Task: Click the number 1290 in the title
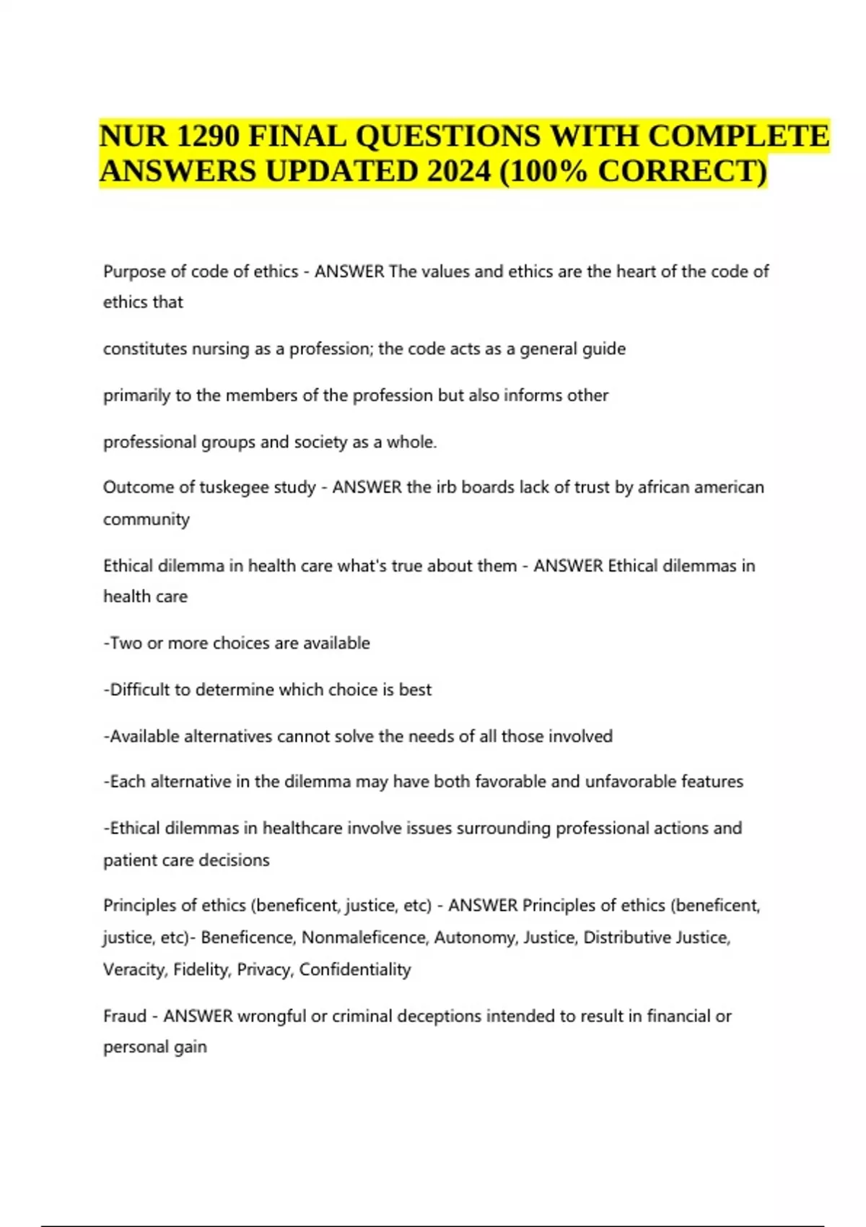[x=209, y=136]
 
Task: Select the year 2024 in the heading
[x=460, y=172]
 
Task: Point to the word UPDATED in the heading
[x=342, y=172]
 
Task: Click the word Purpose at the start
[x=134, y=271]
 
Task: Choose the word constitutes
[x=144, y=349]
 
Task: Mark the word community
[x=146, y=520]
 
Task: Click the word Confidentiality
[x=355, y=969]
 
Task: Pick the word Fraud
[x=125, y=1016]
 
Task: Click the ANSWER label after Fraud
[x=198, y=1016]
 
